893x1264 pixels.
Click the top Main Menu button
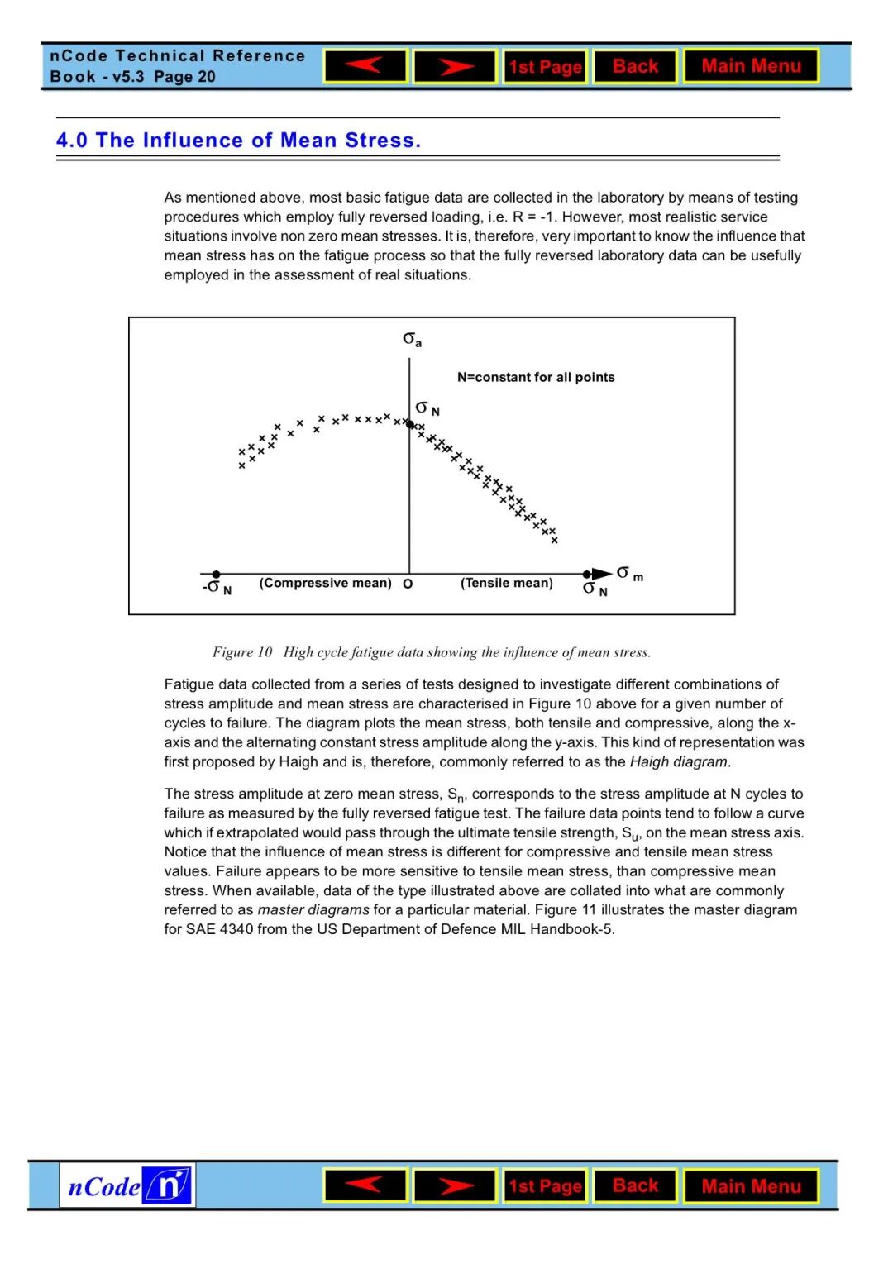pos(751,66)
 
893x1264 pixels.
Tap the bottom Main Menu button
pos(751,1186)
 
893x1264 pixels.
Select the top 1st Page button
pos(545,67)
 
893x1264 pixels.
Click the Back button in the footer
pos(635,1186)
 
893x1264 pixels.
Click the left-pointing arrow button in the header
pos(365,66)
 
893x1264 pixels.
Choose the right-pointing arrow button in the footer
pos(455,1186)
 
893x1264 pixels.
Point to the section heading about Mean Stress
pos(238,141)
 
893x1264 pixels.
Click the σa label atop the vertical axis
pos(412,339)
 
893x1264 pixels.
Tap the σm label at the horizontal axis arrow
pos(629,573)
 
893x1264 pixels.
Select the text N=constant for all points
pos(536,377)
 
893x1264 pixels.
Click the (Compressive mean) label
pos(325,583)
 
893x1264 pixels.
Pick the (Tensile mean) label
pos(506,583)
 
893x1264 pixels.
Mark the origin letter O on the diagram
pos(408,584)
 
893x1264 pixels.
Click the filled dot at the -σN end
pos(216,574)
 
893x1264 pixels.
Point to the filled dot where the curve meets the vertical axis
pos(409,424)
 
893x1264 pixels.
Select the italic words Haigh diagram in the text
pos(679,761)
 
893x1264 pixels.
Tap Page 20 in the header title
pos(184,77)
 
